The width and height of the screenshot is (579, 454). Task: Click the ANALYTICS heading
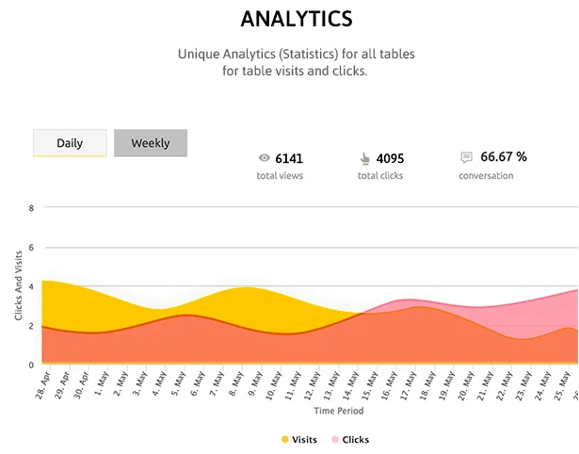coord(296,19)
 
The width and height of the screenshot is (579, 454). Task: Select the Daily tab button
coord(70,143)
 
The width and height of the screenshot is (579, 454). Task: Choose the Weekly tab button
coord(151,143)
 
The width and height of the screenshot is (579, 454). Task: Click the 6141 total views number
coord(289,158)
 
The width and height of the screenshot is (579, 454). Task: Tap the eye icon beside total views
coord(265,158)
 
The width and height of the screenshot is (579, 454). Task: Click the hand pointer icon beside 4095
coord(364,158)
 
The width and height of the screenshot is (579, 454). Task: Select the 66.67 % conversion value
coord(504,157)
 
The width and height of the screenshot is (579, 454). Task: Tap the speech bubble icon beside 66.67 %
coord(466,157)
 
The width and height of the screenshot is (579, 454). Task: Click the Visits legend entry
coord(298,440)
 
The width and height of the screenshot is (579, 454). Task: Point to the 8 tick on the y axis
coord(32,208)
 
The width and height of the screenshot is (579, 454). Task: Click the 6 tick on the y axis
coord(32,248)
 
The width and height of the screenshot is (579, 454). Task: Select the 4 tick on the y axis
coord(32,286)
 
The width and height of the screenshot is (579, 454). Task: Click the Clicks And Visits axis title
coord(19,285)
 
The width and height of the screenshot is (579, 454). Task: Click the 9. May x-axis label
coord(252,384)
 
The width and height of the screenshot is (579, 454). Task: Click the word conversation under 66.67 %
coord(486,176)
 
